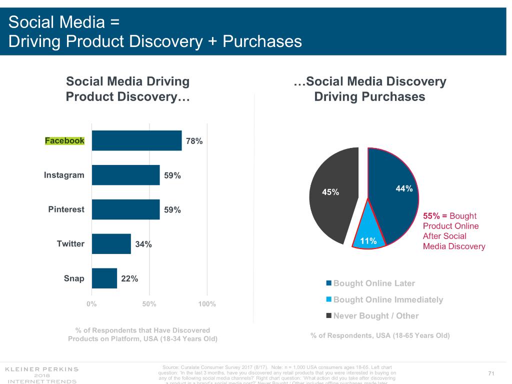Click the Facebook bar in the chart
pyautogui.click(x=136, y=140)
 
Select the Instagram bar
pyautogui.click(x=125, y=175)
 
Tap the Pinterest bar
pyautogui.click(x=125, y=209)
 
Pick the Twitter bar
pyautogui.click(x=111, y=243)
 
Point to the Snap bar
pyautogui.click(x=104, y=278)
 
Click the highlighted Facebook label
pyautogui.click(x=64, y=140)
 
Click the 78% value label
pyautogui.click(x=194, y=141)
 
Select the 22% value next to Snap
pyautogui.click(x=129, y=278)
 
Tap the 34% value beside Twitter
pyautogui.click(x=143, y=244)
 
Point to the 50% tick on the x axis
pyautogui.click(x=149, y=304)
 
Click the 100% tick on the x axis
pyautogui.click(x=207, y=304)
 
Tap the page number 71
pyautogui.click(x=491, y=374)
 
